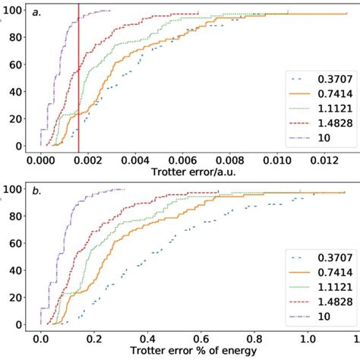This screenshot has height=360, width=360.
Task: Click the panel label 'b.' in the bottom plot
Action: click(36, 192)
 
